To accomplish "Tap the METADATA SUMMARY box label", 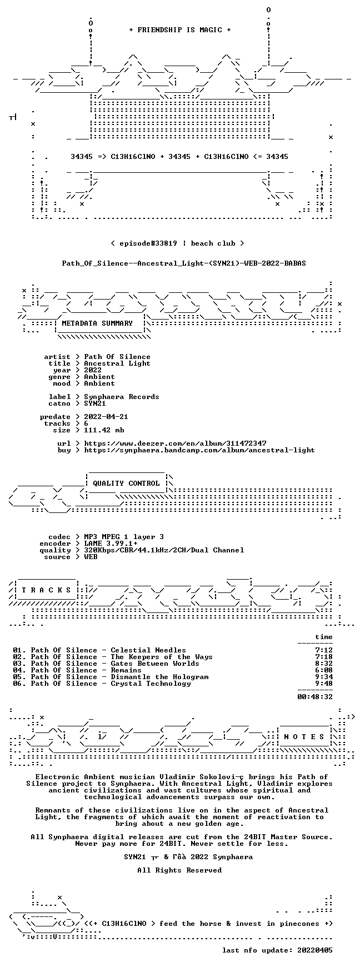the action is (97, 323).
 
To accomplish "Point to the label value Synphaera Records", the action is (122, 397).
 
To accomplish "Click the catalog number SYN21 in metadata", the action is (95, 403).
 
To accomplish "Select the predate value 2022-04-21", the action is (106, 417).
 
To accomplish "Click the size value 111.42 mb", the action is (104, 430).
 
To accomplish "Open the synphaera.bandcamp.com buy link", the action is (199, 450).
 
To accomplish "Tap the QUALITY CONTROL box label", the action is (126, 483).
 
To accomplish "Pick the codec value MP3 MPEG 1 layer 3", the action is (124, 537).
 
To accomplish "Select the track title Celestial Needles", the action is (148, 650).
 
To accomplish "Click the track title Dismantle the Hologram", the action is (159, 677).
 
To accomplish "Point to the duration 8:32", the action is (324, 664).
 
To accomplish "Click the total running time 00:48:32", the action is (315, 697).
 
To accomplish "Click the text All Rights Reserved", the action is (179, 870).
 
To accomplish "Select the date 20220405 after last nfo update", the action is (315, 950).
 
